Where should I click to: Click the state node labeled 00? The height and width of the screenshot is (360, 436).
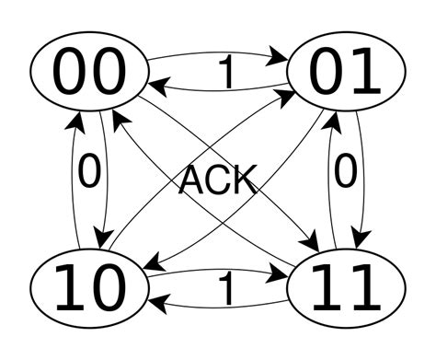pyautogui.click(x=91, y=72)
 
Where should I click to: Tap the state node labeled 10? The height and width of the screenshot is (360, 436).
pyautogui.click(x=91, y=287)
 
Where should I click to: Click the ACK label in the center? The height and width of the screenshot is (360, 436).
pyautogui.click(x=217, y=180)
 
